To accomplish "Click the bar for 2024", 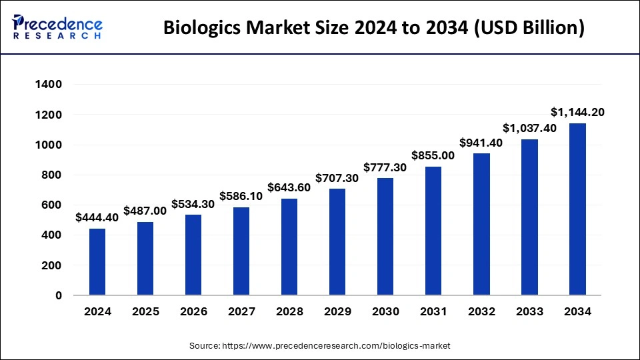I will point(97,261).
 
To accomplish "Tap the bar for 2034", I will point(577,209).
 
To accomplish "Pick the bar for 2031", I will point(433,231).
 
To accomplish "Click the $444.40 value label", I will point(97,217).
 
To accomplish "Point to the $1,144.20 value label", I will point(577,112).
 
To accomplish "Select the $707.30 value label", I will point(337,178).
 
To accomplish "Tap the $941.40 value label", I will point(481,143).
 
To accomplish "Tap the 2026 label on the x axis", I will point(193,311).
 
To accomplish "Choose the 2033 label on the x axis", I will point(529,311).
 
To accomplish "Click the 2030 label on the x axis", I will point(385,311).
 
